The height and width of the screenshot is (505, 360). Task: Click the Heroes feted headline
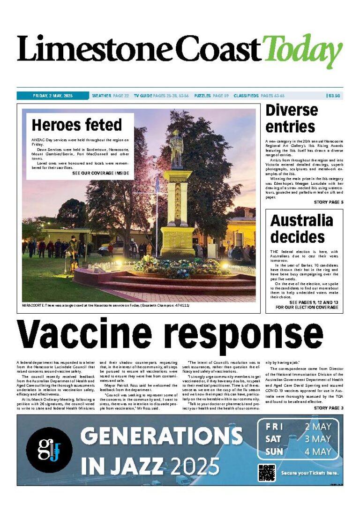click(76, 125)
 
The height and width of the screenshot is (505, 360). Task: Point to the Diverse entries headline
click(291, 118)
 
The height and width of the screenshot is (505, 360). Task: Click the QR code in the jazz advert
click(266, 472)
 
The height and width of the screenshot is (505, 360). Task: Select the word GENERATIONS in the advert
click(161, 437)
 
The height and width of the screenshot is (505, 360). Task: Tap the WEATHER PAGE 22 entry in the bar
click(111, 96)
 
